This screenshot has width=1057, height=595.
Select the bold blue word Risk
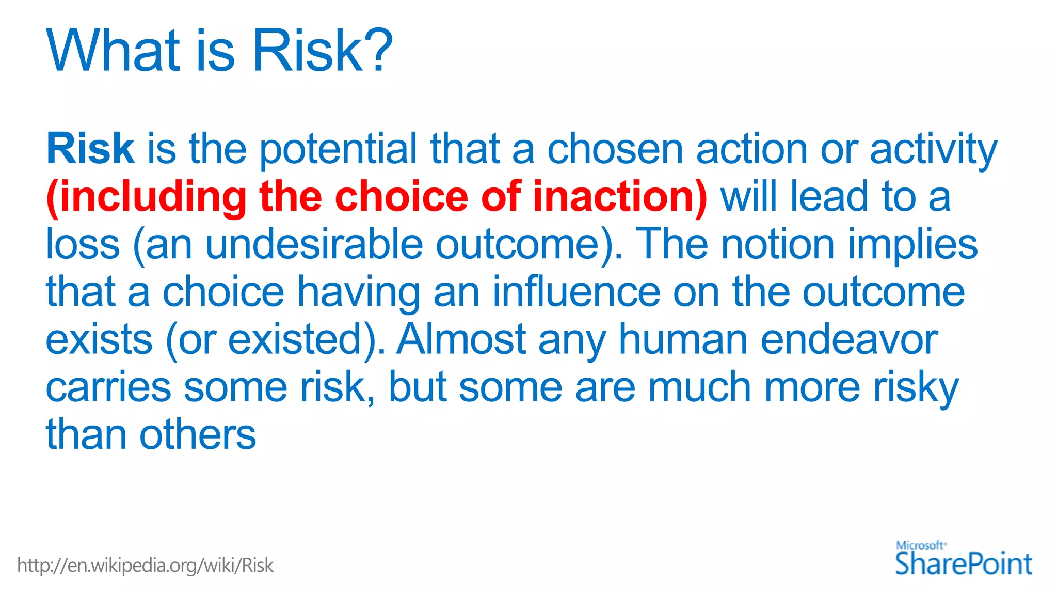[x=90, y=149]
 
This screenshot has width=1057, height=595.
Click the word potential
[x=338, y=150]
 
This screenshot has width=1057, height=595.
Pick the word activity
[x=933, y=150]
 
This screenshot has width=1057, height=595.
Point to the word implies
[x=912, y=245]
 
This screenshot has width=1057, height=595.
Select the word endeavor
[x=848, y=340]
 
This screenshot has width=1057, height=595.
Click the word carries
[x=108, y=387]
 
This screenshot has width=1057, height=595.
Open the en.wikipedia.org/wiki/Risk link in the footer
[x=145, y=566]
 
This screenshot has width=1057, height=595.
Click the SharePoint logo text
[x=963, y=563]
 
